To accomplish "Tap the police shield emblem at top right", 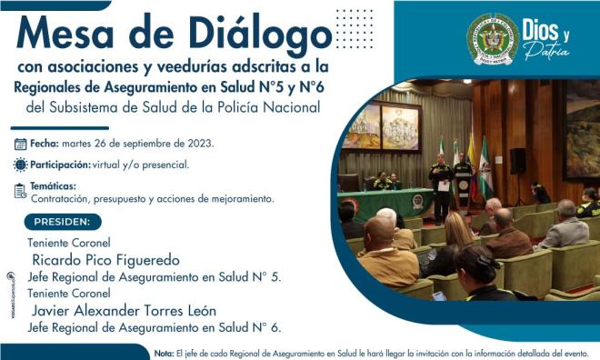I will coord(492,39).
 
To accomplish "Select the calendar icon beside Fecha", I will coord(20,144).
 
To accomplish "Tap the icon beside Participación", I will coord(20,165).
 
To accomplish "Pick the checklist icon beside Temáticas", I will coord(20,190).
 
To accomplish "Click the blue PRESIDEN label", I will coord(62,221).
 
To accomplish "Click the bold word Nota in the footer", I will coord(164,353).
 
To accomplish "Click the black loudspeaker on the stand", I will coord(517,160).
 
